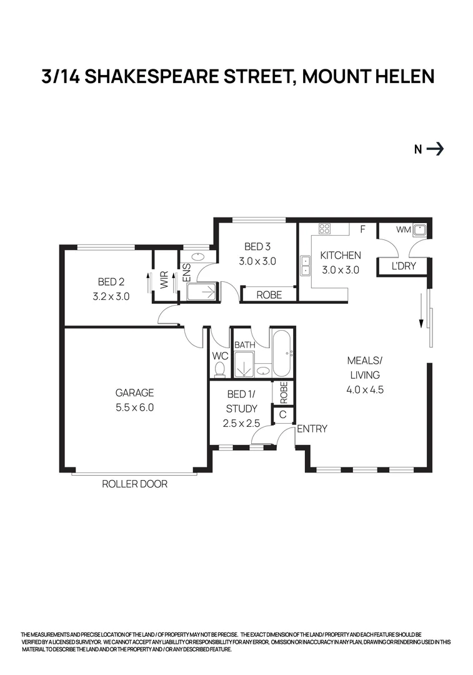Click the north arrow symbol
pos(436,149)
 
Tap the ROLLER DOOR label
pos(134,484)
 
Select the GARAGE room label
pos(134,393)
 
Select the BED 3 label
pos(257,247)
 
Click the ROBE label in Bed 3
pos(269,295)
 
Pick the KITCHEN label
pos(341,256)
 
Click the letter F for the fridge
pos(362,229)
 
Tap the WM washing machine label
pos(404,230)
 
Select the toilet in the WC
pos(219,370)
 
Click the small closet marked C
pos(282,414)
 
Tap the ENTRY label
pos(312,429)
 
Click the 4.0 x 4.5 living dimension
pos(364,389)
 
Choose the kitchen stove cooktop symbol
pos(325,229)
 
